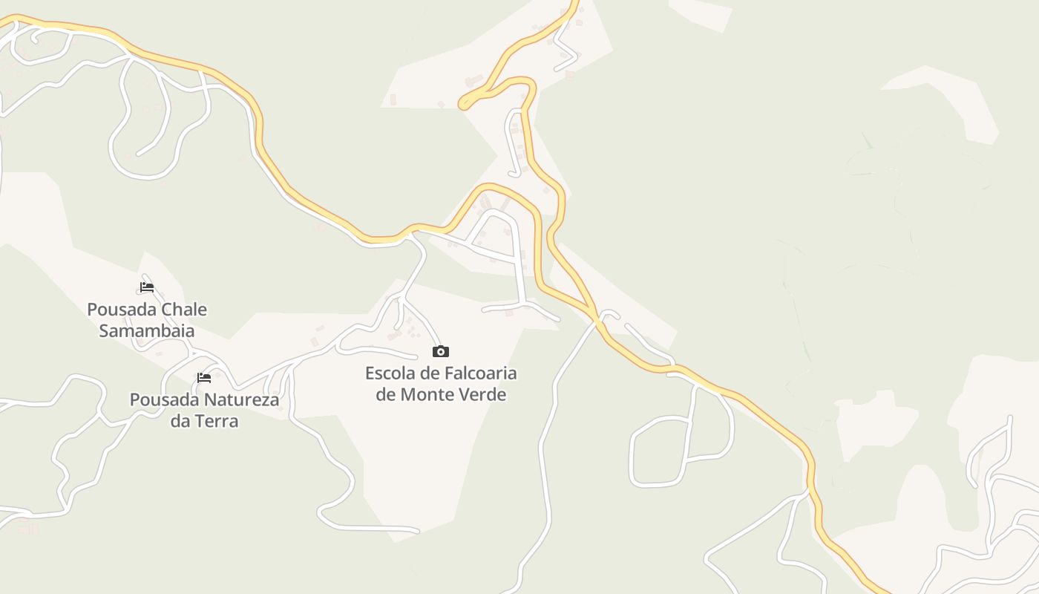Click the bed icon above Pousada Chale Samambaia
tap(147, 287)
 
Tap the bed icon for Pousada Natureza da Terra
tap(204, 378)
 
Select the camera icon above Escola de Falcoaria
tap(441, 352)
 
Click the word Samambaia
tap(147, 331)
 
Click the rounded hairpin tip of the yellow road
tap(465, 104)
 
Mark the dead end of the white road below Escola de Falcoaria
tap(417, 531)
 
